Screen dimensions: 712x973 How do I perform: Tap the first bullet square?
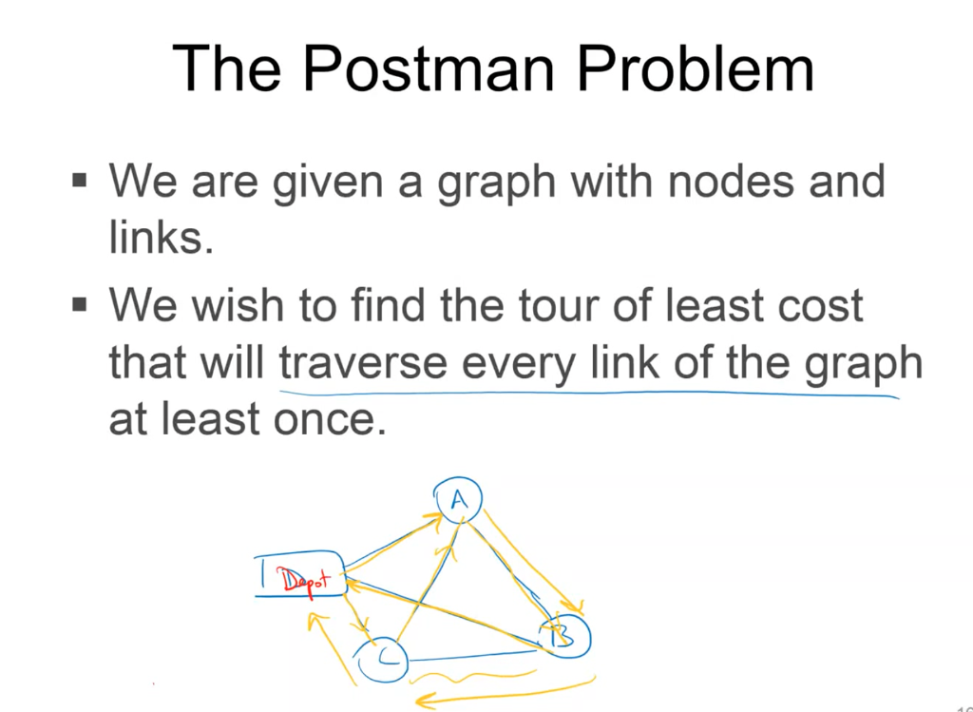(80, 178)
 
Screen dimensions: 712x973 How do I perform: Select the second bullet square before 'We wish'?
(80, 306)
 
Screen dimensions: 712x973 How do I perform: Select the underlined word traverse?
(362, 364)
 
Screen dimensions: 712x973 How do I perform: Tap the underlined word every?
(512, 364)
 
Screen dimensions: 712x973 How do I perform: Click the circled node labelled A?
(457, 497)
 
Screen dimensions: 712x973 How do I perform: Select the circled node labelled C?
(382, 658)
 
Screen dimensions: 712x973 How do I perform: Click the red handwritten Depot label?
(300, 578)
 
